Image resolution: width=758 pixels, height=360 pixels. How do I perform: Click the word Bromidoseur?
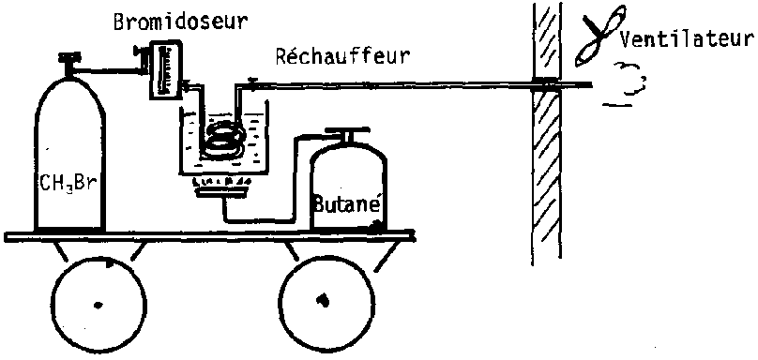pos(180,22)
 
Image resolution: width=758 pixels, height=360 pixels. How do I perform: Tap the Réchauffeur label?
pos(342,56)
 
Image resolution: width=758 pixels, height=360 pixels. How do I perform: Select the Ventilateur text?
pos(687,38)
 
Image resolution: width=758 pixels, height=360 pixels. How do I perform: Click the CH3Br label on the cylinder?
pos(69,185)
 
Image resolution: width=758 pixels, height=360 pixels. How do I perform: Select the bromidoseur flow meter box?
pos(165,70)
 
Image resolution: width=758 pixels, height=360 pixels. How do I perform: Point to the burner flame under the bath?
pos(220,182)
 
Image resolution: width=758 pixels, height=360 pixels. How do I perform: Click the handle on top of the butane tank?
pos(346,133)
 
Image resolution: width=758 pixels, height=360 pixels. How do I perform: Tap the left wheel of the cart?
pos(99,305)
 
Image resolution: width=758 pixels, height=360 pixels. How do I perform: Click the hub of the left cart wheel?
pos(99,305)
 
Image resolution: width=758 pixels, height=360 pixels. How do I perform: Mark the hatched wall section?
pos(547,134)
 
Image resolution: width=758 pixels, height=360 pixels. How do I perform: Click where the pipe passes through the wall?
pos(547,84)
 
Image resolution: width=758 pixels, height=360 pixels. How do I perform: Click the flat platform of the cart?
pos(209,236)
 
